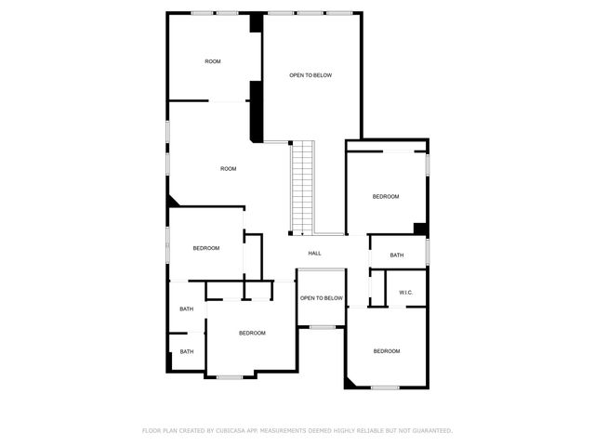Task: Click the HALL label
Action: (x=314, y=254)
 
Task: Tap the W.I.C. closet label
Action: (x=405, y=293)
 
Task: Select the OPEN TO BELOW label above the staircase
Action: (x=311, y=75)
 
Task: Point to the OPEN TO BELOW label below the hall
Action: (x=321, y=298)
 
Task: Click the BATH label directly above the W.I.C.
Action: (x=397, y=256)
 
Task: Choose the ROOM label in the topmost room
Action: (x=213, y=61)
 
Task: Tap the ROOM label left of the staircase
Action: (x=228, y=169)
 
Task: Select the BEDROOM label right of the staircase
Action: (x=386, y=196)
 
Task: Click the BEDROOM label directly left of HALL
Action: (x=205, y=248)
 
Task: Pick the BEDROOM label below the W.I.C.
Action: (x=386, y=350)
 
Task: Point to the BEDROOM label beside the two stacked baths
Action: (x=252, y=333)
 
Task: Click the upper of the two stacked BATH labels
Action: (x=187, y=308)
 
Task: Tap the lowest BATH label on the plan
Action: (x=187, y=351)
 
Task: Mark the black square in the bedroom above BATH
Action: (x=420, y=229)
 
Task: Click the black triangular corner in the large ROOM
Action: (x=173, y=202)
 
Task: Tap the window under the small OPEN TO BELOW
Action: (x=322, y=326)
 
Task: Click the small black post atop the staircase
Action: (x=291, y=142)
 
